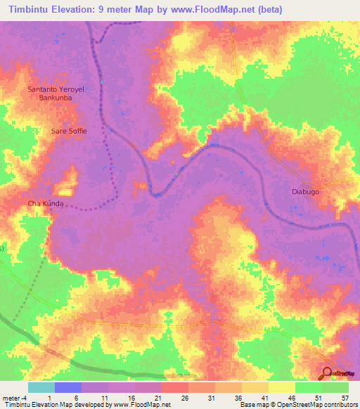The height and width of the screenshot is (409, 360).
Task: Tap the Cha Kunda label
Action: coord(46,204)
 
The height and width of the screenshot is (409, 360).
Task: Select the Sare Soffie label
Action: coord(68,131)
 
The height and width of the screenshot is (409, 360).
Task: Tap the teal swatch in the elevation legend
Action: coord(41,387)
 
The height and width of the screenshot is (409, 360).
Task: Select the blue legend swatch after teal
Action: coord(67,387)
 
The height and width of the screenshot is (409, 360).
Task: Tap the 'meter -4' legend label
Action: coord(15,398)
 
